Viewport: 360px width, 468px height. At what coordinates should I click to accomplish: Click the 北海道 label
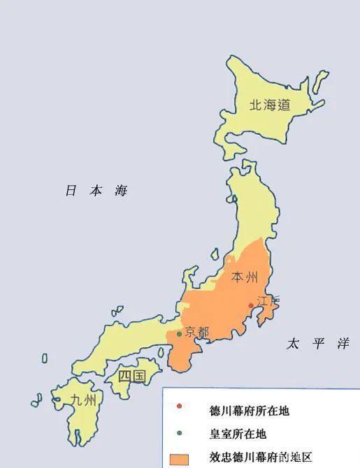(x=270, y=105)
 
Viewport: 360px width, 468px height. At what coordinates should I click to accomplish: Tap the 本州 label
(x=245, y=277)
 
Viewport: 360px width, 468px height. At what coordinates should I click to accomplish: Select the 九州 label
(x=84, y=400)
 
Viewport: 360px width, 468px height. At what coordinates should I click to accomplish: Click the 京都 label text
(x=196, y=332)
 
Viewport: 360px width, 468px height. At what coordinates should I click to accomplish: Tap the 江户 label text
(x=267, y=302)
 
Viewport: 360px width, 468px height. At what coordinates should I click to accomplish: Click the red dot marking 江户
(x=251, y=305)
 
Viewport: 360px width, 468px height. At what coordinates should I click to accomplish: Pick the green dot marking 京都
(x=180, y=334)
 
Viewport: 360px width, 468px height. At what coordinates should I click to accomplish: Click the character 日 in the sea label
(x=70, y=191)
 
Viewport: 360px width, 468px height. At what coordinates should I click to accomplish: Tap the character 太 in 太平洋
(x=293, y=344)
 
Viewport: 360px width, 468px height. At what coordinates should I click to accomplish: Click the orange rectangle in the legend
(x=180, y=458)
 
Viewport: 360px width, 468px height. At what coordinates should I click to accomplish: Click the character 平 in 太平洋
(x=317, y=344)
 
